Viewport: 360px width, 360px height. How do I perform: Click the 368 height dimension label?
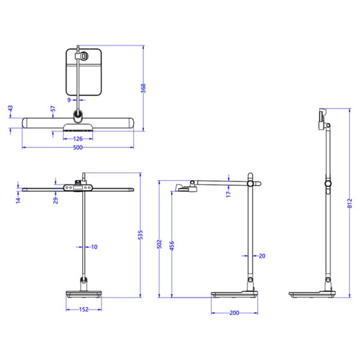click(143, 88)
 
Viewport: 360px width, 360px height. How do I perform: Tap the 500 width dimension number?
click(78, 148)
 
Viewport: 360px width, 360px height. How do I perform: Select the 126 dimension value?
click(78, 139)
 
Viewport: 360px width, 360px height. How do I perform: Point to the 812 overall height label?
click(349, 203)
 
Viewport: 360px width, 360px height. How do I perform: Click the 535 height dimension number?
click(140, 235)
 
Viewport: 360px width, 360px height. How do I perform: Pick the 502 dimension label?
click(159, 244)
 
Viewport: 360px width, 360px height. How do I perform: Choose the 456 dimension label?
click(172, 245)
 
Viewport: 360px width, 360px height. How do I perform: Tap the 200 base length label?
click(234, 313)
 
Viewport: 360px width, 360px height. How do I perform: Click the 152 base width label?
click(83, 310)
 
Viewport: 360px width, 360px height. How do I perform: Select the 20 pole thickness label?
click(262, 256)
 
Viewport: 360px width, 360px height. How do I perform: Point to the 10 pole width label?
click(94, 247)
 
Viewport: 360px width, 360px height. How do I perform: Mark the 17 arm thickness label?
click(228, 194)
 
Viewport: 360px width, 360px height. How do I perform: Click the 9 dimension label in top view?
click(69, 100)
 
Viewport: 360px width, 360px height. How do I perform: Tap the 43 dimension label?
click(10, 109)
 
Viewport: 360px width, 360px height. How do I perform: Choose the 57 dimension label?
click(53, 109)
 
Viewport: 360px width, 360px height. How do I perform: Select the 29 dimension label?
click(56, 200)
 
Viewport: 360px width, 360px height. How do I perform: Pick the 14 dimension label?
click(18, 200)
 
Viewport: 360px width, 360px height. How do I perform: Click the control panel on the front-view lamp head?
click(78, 188)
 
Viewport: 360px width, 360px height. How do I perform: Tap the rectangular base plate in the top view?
click(83, 72)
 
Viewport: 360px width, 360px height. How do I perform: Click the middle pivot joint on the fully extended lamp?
click(328, 183)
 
